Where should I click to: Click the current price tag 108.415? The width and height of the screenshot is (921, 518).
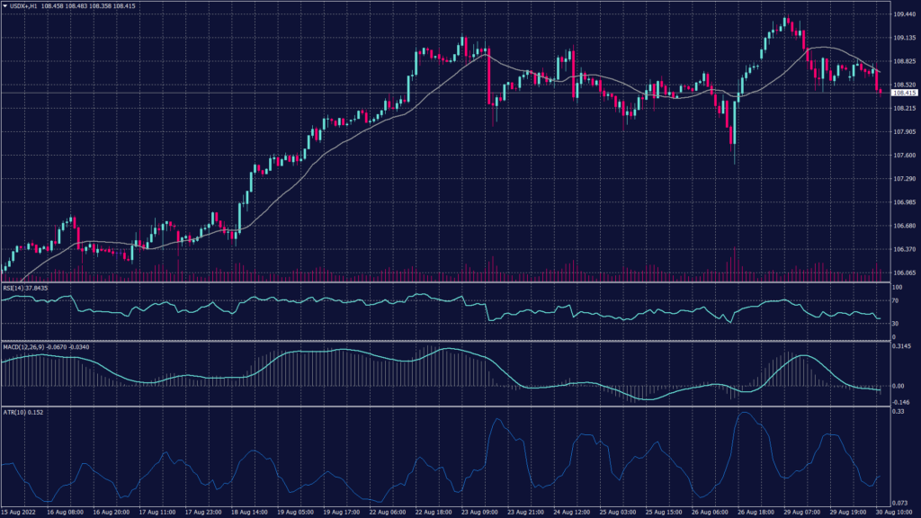pos(903,93)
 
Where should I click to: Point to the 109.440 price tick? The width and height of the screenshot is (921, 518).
pos(904,15)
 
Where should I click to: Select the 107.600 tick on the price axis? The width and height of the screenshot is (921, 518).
pos(904,156)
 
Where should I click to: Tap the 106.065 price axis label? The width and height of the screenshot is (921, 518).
pos(904,272)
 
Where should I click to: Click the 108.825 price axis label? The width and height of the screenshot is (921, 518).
pos(904,62)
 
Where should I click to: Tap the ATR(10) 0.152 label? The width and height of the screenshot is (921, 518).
pos(22,412)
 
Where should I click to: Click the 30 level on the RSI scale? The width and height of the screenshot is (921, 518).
pos(896,323)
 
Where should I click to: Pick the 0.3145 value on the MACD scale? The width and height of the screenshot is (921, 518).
pos(902,346)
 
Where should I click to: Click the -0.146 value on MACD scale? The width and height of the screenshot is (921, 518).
pos(901,401)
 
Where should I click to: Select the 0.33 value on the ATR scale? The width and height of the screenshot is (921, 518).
pos(897,412)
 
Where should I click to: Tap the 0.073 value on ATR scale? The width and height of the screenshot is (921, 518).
pos(899,501)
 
